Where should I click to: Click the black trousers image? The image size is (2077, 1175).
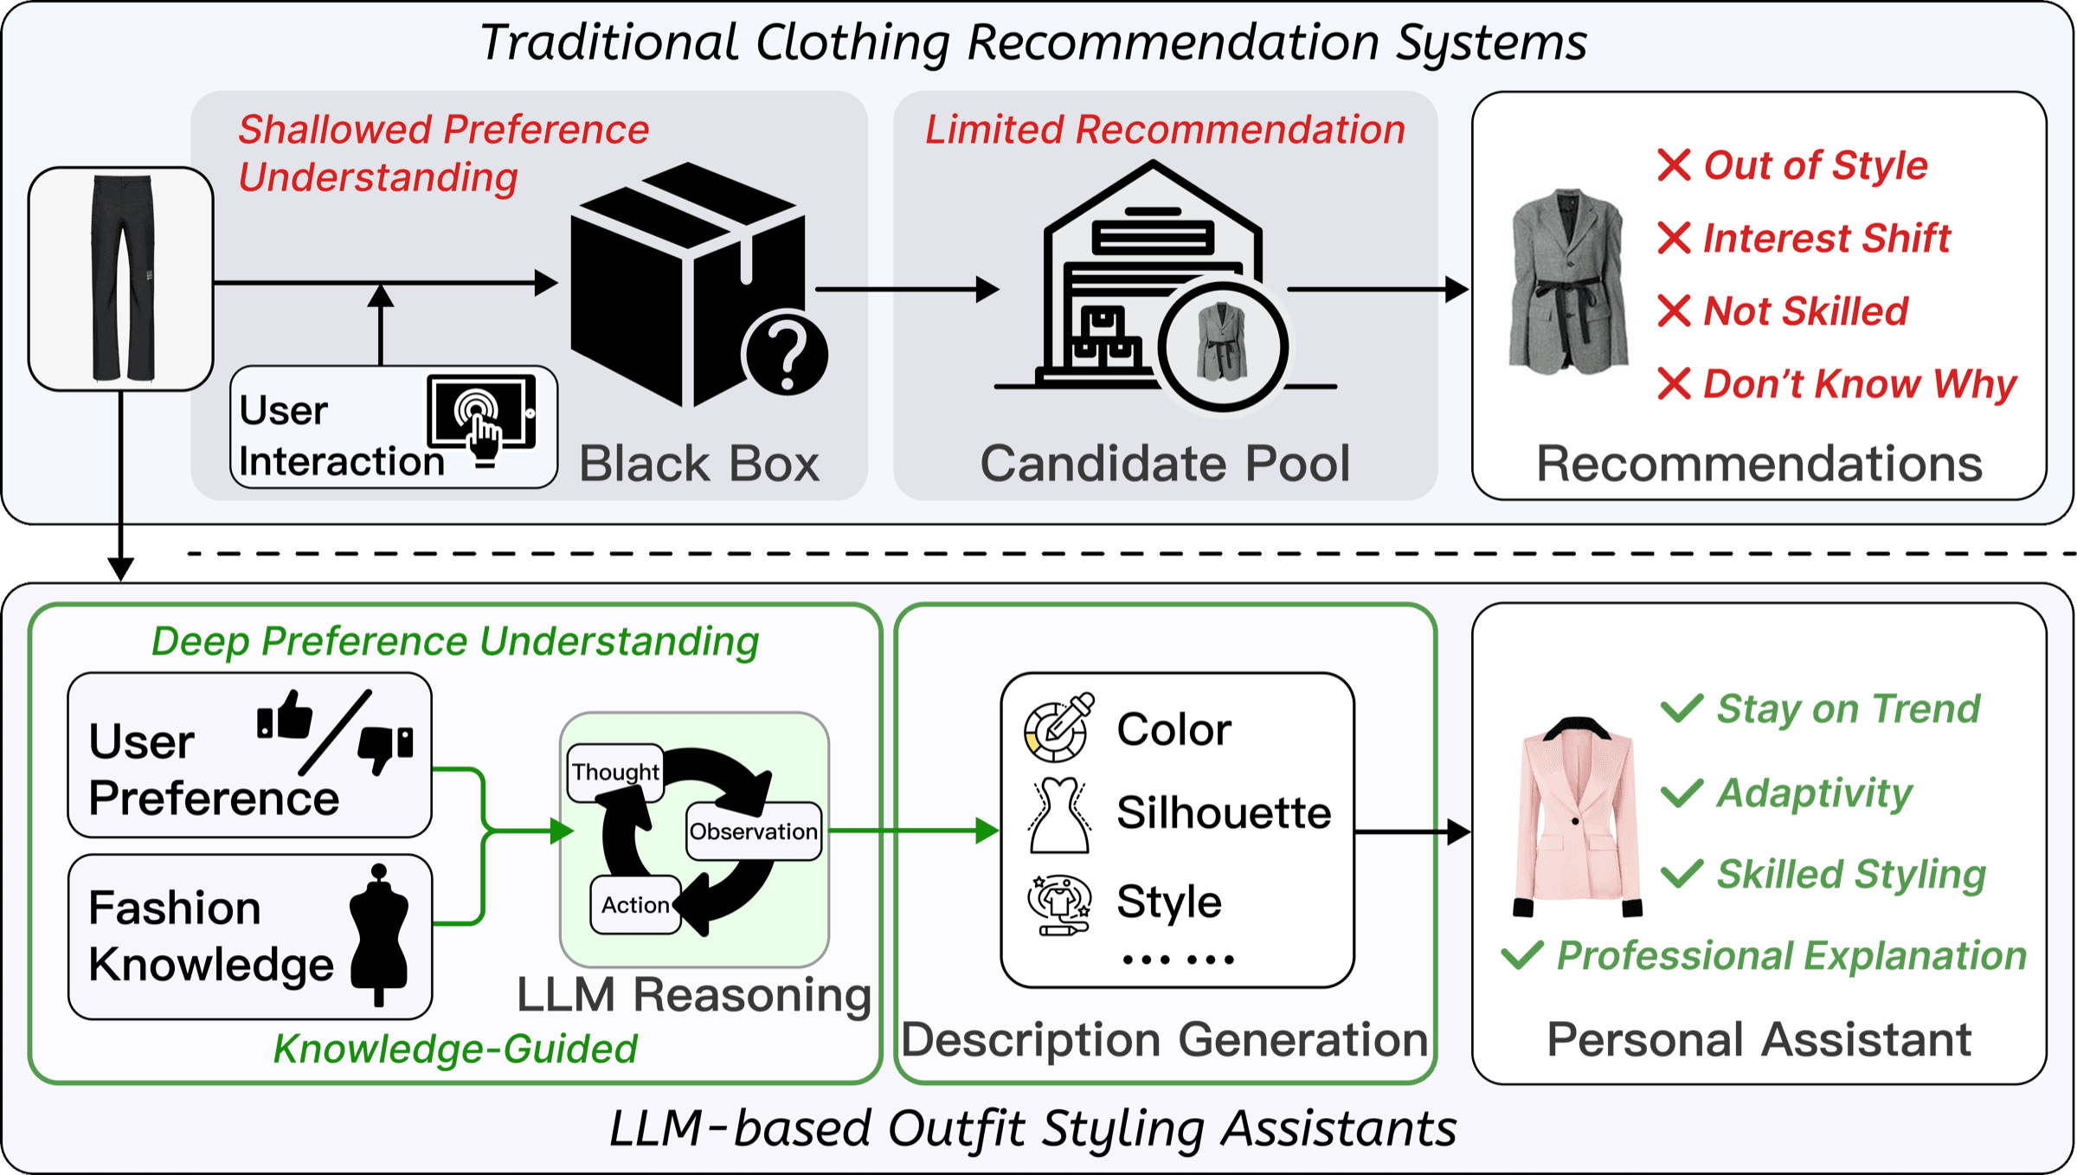click(x=122, y=279)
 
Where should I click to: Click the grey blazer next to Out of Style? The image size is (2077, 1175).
click(x=1567, y=282)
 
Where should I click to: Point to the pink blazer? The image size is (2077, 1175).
click(x=1577, y=817)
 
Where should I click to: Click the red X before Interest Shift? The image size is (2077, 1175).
click(x=1674, y=238)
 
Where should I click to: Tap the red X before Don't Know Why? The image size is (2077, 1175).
click(x=1674, y=383)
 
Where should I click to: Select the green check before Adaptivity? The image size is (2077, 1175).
click(x=1682, y=793)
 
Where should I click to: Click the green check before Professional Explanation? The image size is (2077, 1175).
click(x=1522, y=954)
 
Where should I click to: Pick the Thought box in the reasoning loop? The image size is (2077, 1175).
click(x=616, y=772)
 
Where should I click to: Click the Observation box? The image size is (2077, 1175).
click(x=754, y=831)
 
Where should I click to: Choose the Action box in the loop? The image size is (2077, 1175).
click(x=636, y=905)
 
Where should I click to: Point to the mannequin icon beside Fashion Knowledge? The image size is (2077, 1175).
click(x=378, y=934)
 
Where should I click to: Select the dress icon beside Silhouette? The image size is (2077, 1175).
click(x=1059, y=815)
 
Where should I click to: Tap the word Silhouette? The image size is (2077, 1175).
click(x=1224, y=813)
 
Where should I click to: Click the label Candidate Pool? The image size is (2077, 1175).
click(x=1165, y=464)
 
